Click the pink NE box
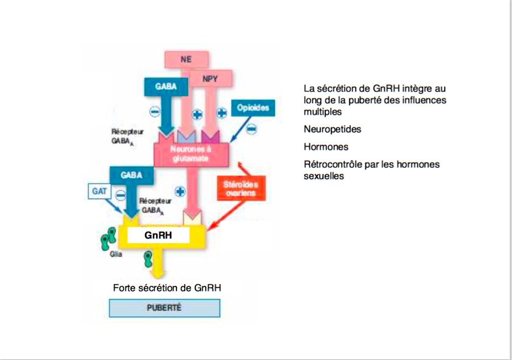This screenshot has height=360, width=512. click(x=186, y=59)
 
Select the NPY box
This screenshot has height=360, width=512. click(x=210, y=79)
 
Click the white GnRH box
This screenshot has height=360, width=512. click(x=159, y=235)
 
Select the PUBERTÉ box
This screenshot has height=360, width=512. click(x=164, y=308)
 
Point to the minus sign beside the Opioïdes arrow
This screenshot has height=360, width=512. click(x=251, y=129)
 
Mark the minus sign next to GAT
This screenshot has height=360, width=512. click(x=119, y=194)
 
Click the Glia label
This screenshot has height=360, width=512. click(x=115, y=254)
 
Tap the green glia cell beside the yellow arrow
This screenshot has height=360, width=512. click(x=148, y=257)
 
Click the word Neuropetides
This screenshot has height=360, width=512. click(x=332, y=129)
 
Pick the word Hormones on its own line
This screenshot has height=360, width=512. click(x=326, y=147)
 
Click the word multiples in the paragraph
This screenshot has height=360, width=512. click(x=322, y=112)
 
